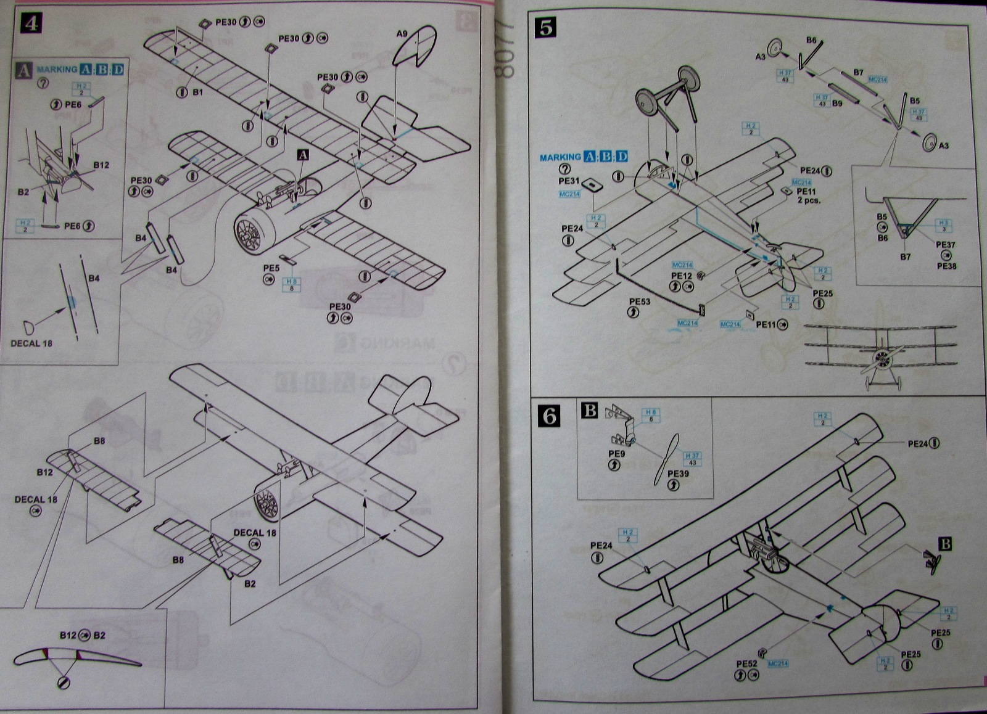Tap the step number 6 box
coord(548,416)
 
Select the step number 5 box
coord(547,27)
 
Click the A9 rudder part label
coord(402,35)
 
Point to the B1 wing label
coord(198,92)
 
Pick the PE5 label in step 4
coord(271,268)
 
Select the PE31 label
coord(568,181)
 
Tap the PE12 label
coord(682,276)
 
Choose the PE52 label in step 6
coord(746,663)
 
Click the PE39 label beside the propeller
coord(679,474)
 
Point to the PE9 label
coord(616,454)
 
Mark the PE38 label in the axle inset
coord(946,266)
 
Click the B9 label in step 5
coord(837,104)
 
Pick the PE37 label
coord(946,245)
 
